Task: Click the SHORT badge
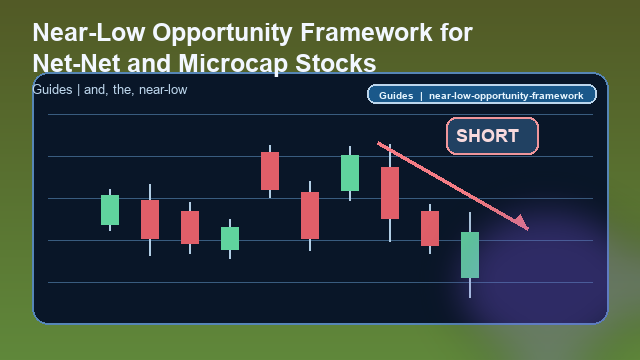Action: coord(492,136)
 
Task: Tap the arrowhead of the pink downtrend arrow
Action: coord(522,224)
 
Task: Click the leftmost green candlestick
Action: coord(110,210)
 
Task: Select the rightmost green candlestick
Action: coord(470,255)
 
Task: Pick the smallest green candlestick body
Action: coord(230,238)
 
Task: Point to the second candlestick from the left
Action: coord(150,219)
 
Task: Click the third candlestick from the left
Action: coord(190,227)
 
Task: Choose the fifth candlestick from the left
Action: coord(270,171)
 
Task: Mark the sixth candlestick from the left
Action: coord(310,215)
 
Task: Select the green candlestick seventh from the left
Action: coord(350,173)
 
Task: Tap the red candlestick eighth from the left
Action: coord(390,193)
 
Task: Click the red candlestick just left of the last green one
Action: coord(430,228)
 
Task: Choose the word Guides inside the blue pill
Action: coord(396,96)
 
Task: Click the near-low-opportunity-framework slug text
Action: coord(505,96)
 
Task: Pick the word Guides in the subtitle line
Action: coord(52,90)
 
